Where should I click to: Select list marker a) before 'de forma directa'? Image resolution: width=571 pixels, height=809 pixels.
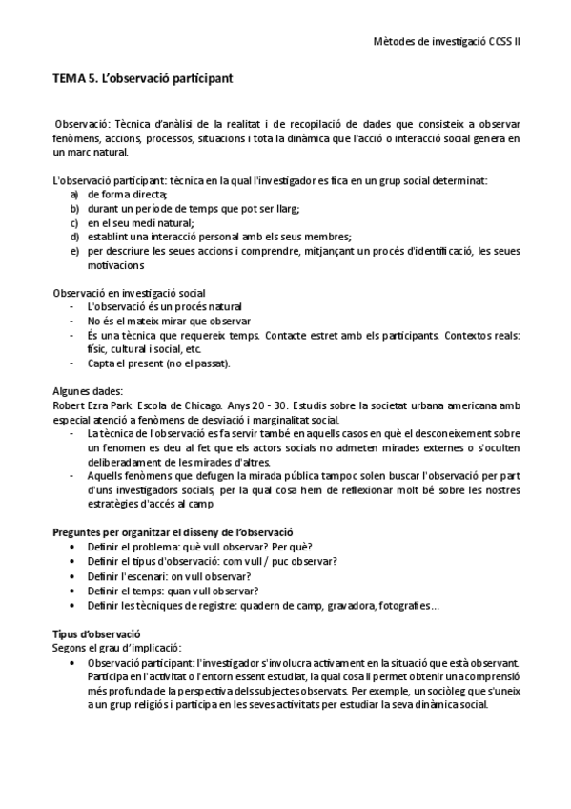(x=74, y=194)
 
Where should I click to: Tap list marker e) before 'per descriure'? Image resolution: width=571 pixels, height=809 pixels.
(x=74, y=251)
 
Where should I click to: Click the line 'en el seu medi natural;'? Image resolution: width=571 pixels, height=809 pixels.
(x=140, y=222)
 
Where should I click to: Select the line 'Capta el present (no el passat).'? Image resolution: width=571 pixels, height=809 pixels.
(x=157, y=363)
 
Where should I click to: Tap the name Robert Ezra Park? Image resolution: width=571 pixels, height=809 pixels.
(x=92, y=404)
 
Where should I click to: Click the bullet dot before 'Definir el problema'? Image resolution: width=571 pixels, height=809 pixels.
(x=74, y=547)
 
